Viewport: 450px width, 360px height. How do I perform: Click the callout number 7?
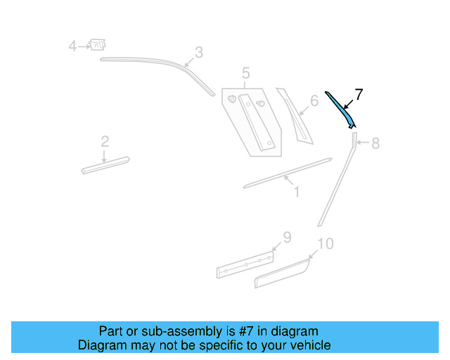tap(359, 94)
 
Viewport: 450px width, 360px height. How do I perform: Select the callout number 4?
tap(72, 46)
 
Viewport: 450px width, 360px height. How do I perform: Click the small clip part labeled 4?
tap(98, 45)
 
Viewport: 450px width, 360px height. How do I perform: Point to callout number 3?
tap(199, 52)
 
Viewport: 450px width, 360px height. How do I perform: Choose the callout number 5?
tap(245, 73)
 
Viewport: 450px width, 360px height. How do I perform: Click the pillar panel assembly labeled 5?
tap(253, 120)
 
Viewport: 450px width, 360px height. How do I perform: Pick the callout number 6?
tap(314, 101)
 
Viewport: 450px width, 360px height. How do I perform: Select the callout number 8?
tap(375, 143)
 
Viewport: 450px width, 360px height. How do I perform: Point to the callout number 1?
tap(297, 191)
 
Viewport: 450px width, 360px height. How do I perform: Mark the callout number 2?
tap(105, 142)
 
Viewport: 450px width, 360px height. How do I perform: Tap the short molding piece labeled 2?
tap(105, 164)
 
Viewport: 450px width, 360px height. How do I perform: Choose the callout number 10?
tap(325, 244)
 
